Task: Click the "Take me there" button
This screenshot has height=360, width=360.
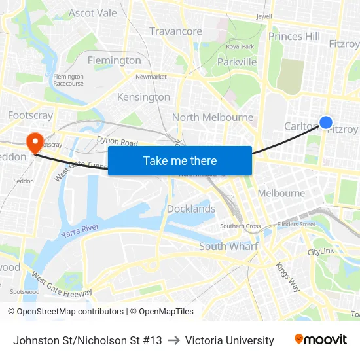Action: pos(180,160)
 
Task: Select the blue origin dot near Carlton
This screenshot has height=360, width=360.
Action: pos(325,122)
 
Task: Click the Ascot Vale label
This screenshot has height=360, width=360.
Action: pos(92,13)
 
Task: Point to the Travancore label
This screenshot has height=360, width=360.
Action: pos(175,31)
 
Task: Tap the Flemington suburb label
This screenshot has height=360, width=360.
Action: pos(114,60)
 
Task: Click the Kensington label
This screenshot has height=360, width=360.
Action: pos(143,97)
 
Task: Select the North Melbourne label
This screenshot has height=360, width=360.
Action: pos(212,117)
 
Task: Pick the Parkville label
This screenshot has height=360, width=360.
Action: pos(237,62)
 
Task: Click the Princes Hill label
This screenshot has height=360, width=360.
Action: pos(294,37)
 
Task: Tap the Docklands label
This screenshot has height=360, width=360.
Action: pos(191,209)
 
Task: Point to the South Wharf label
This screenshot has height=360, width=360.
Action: pos(228,246)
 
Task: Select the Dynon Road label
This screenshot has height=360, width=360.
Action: pos(117,141)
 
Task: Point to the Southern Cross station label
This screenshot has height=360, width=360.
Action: pos(240,226)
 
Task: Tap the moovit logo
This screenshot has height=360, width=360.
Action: pos(320,340)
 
